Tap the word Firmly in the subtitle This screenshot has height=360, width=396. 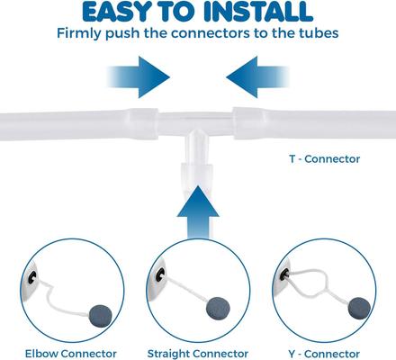click(x=84, y=34)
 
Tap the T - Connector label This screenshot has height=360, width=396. click(x=324, y=159)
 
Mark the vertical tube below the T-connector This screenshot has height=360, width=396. click(x=197, y=171)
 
